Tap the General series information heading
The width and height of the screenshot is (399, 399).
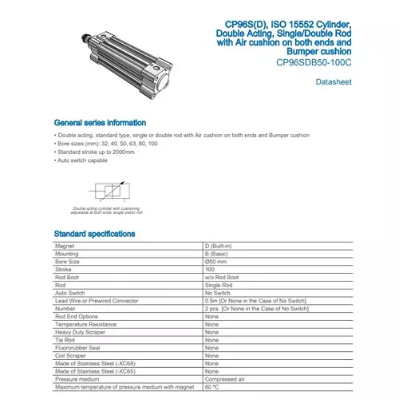(100, 123)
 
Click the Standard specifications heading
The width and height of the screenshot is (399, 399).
(93, 233)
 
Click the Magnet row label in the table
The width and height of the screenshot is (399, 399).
(64, 246)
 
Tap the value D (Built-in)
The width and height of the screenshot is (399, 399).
(219, 246)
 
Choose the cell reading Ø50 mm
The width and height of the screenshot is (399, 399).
(216, 262)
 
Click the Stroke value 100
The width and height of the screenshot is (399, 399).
(210, 270)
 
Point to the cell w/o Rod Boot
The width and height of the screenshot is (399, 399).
(222, 277)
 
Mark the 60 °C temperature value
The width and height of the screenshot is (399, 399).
(213, 387)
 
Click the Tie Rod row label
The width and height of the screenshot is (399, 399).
(65, 340)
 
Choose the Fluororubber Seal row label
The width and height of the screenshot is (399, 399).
(77, 348)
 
